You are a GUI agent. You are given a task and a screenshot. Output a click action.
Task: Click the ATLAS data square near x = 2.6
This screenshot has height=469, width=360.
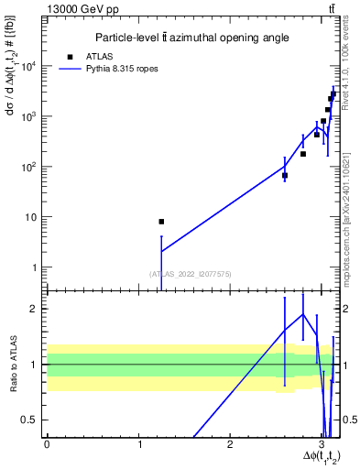point(285,175)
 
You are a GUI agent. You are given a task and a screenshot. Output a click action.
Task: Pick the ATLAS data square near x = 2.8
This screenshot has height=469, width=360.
point(303,154)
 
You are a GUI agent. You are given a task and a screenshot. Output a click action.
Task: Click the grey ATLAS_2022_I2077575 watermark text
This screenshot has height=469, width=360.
point(191,273)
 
